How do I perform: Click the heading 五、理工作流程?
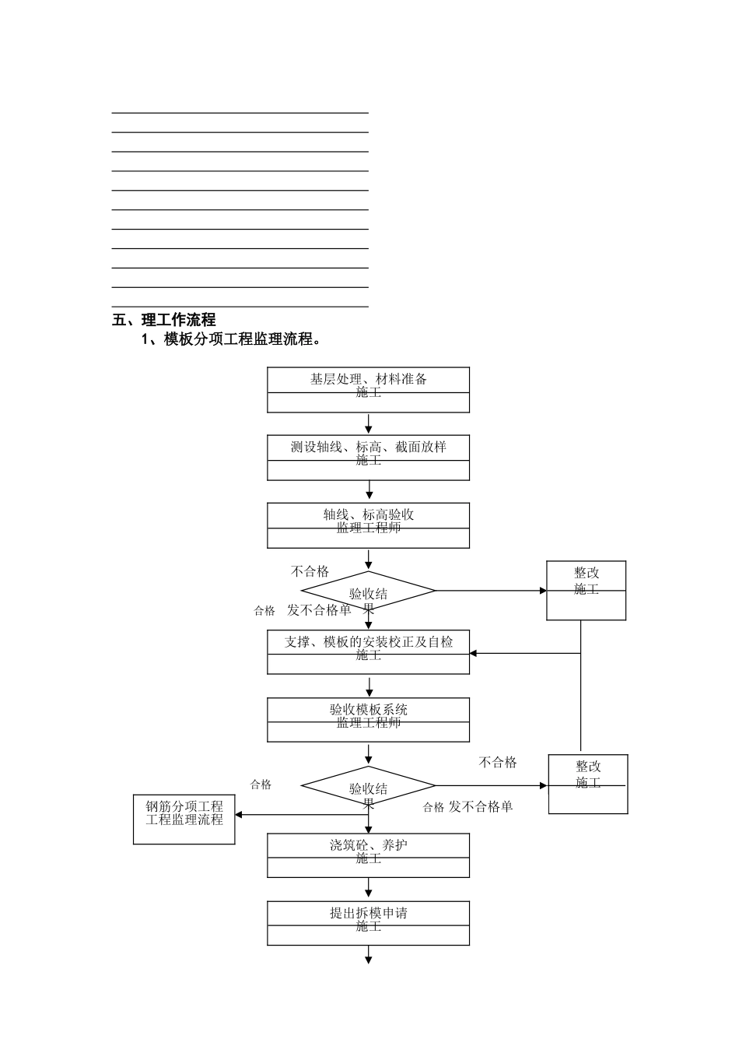164,320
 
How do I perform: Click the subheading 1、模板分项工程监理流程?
231,339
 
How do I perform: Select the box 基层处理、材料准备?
368,389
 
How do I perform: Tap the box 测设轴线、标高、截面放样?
368,457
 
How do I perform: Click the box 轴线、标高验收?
368,525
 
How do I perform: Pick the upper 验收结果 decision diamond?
368,591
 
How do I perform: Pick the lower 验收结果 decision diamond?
368,787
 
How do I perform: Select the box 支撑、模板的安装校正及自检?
368,651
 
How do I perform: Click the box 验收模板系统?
368,719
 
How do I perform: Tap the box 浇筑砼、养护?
368,855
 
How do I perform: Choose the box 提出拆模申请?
368,922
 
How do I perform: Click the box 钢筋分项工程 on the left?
184,820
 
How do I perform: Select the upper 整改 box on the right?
586,590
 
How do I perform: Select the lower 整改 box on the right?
588,784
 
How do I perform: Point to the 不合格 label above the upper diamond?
310,571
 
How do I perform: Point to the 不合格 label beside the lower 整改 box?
498,763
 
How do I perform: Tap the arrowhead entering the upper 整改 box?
543,591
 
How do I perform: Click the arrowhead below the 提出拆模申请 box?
369,960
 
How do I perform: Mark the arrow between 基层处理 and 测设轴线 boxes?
369,424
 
